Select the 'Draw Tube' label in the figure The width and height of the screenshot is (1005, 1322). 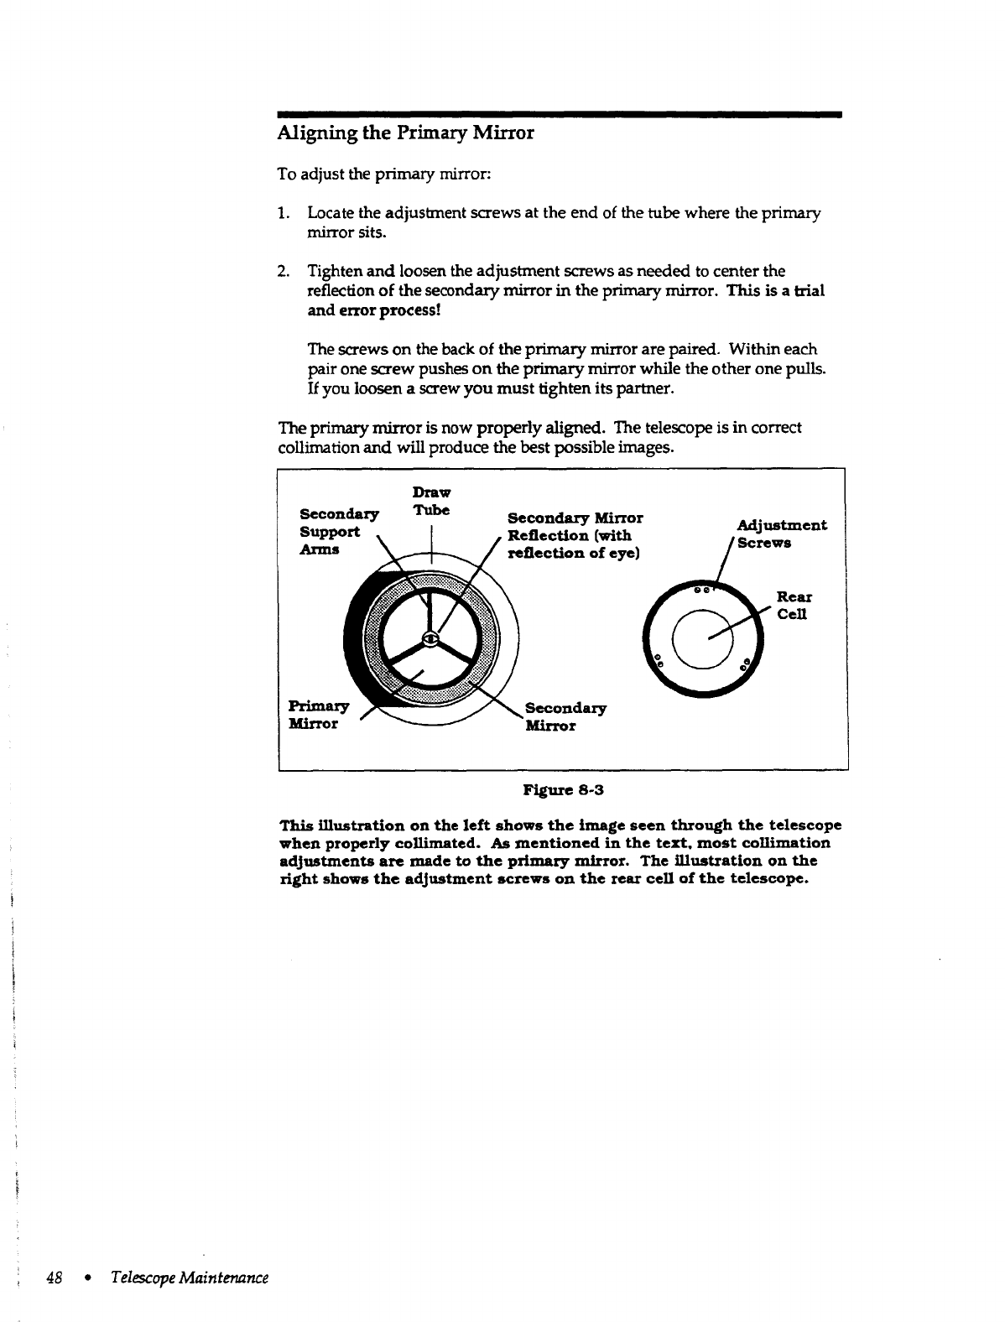pyautogui.click(x=431, y=501)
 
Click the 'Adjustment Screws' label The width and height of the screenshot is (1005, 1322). pyautogui.click(x=781, y=533)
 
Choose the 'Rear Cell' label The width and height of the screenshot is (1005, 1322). pyautogui.click(x=792, y=606)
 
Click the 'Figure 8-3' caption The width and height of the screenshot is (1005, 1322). pyautogui.click(x=563, y=789)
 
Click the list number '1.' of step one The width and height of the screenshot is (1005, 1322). pyautogui.click(x=285, y=214)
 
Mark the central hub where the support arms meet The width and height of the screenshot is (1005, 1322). pyautogui.click(x=430, y=639)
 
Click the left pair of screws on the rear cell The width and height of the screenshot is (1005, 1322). pyautogui.click(x=659, y=659)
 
